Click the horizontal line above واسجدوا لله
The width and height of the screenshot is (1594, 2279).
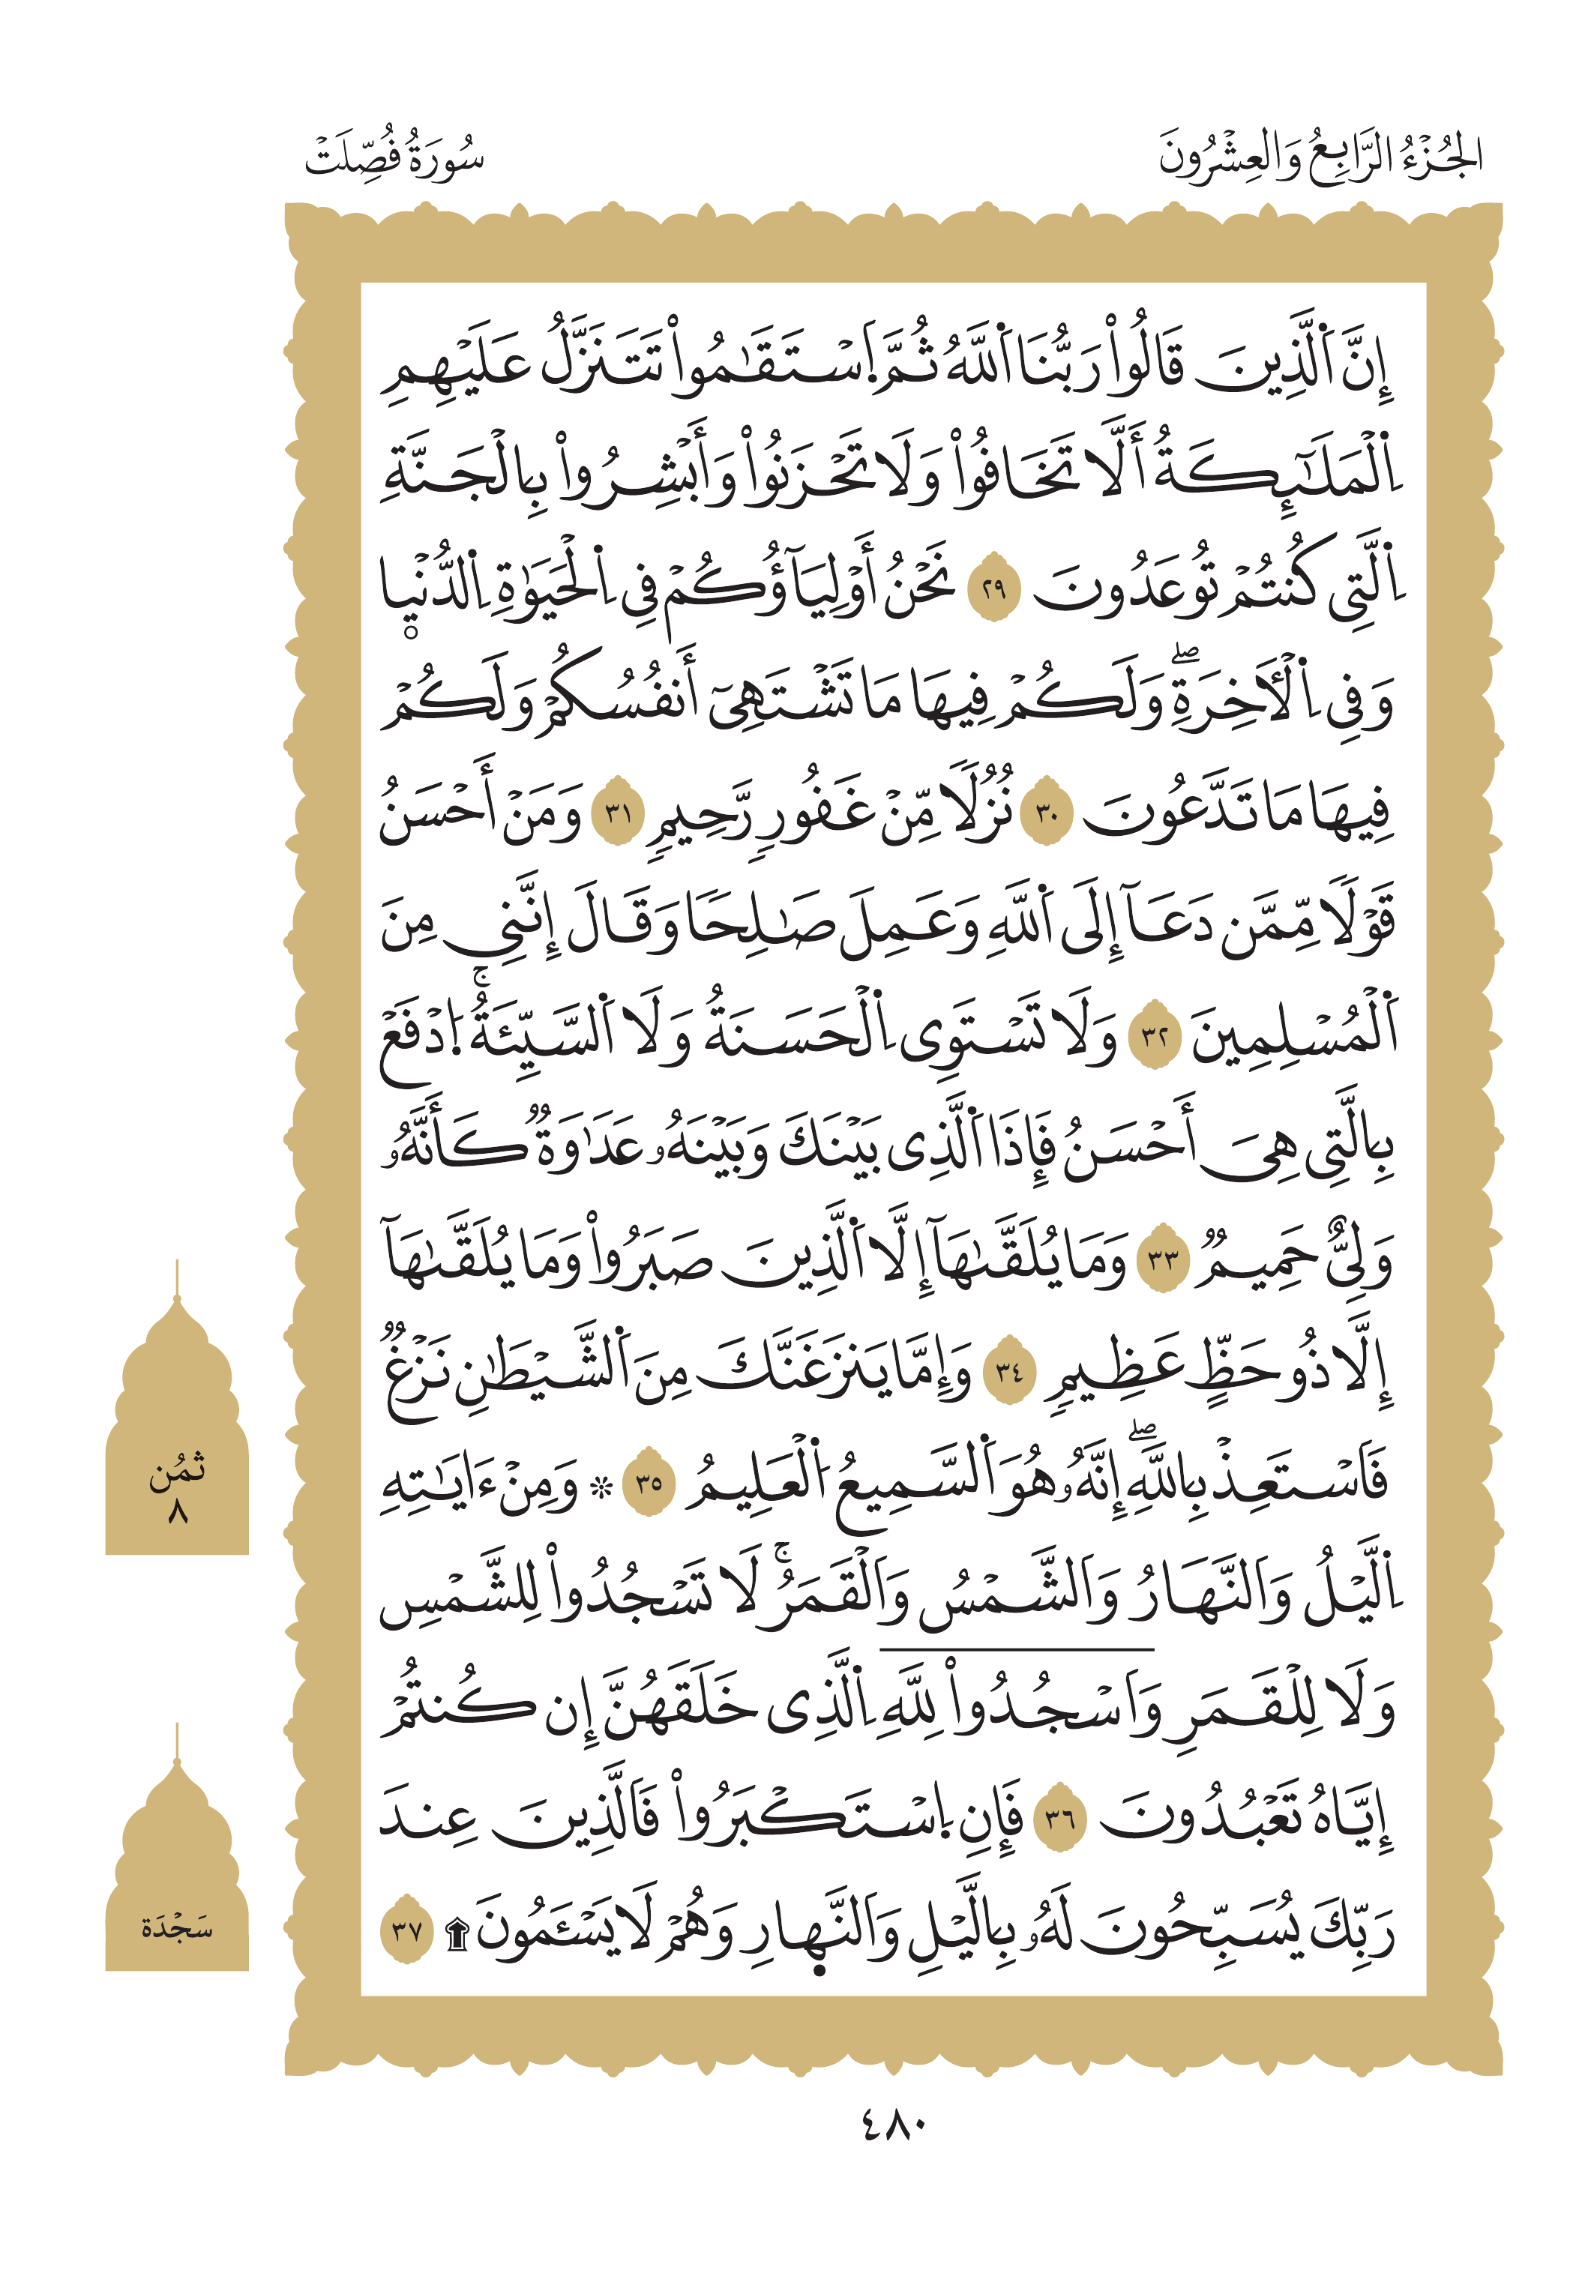(1017, 1650)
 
